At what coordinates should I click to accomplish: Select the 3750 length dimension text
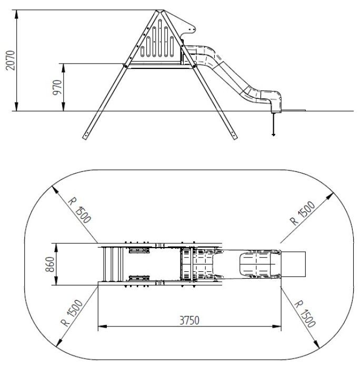click(x=188, y=320)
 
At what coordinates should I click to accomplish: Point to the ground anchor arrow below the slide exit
click(x=273, y=135)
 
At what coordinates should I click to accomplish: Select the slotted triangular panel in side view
click(x=158, y=42)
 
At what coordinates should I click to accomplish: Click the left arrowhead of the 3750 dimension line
click(x=101, y=327)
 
